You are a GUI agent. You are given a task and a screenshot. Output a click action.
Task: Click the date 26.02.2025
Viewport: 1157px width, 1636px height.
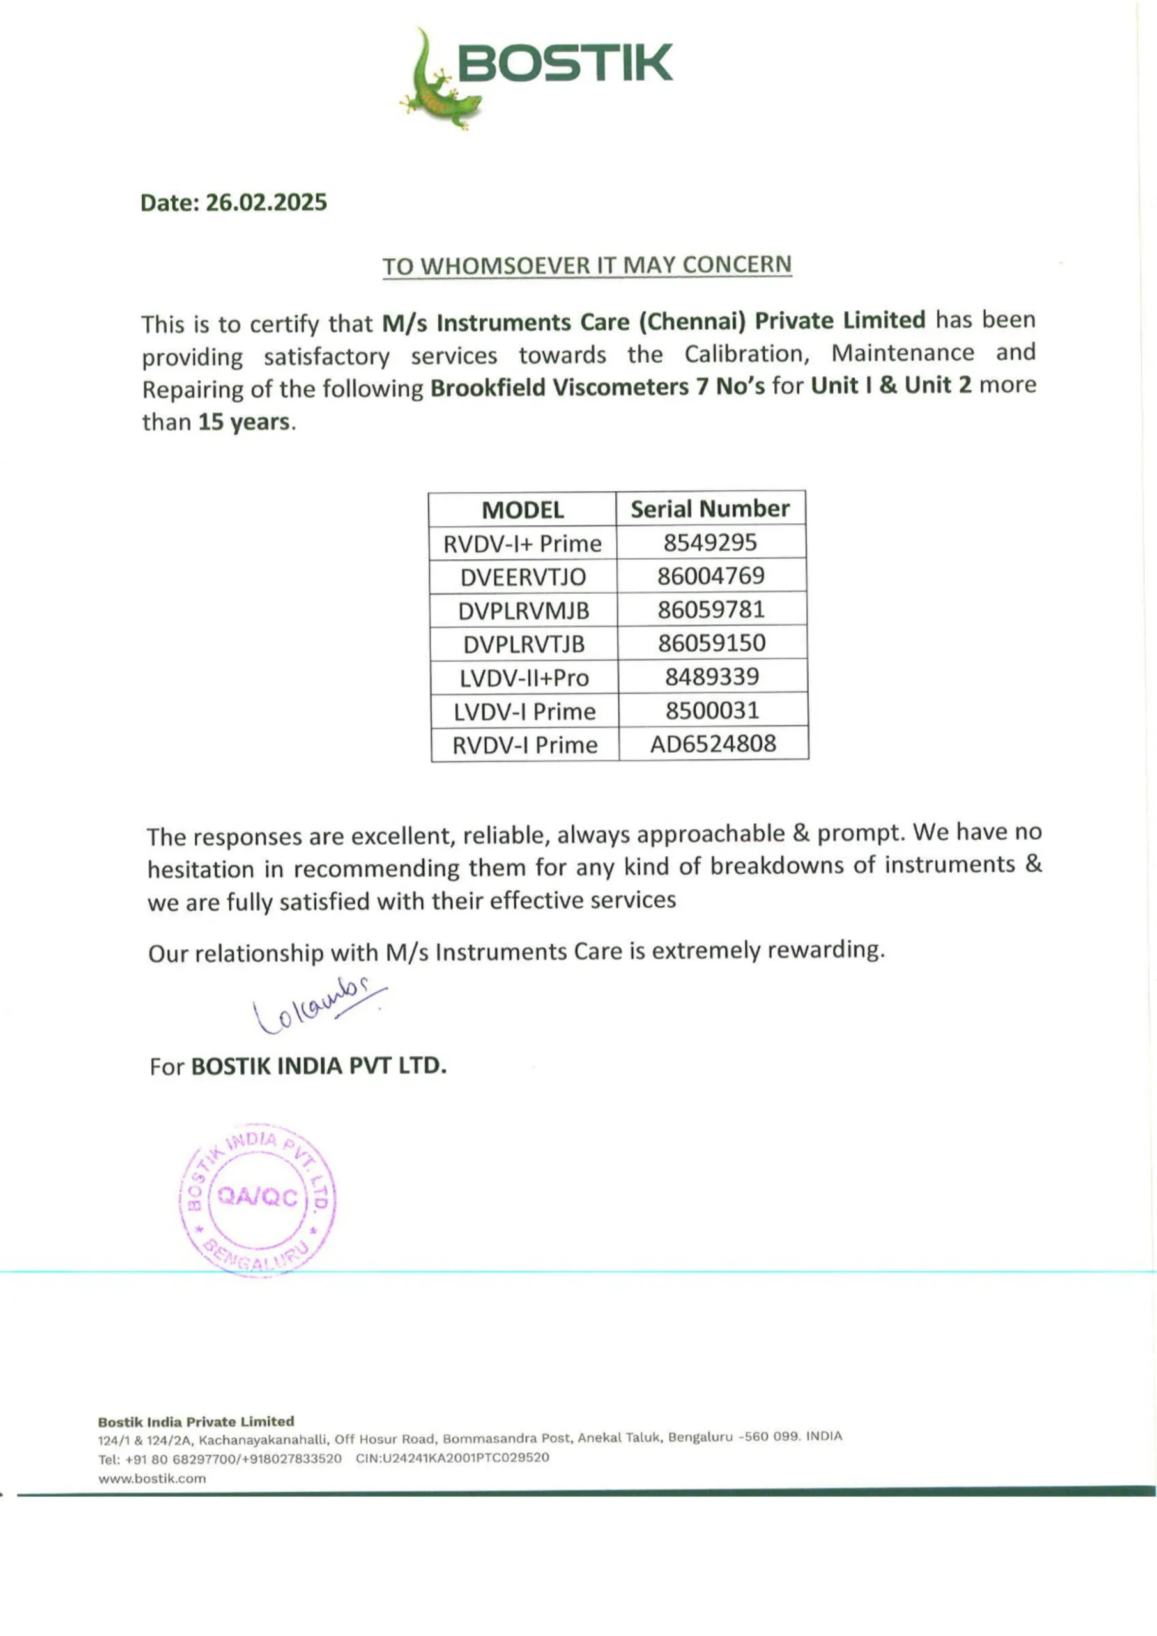tap(266, 203)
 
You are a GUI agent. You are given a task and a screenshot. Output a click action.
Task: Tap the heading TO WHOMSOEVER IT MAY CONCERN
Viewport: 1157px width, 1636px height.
tap(586, 265)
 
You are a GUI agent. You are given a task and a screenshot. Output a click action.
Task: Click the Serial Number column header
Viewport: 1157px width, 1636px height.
tap(710, 509)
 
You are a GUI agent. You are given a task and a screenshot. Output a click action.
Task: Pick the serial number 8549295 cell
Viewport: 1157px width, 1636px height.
tap(710, 543)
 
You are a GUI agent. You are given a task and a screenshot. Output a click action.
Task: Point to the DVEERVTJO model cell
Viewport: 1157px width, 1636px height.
tap(523, 576)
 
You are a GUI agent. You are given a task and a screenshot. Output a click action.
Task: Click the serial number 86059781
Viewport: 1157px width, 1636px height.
tap(710, 609)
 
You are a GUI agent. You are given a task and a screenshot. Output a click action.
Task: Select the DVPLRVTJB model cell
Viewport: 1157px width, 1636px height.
tap(524, 644)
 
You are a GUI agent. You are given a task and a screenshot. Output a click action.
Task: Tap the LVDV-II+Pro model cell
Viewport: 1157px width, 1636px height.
tap(525, 677)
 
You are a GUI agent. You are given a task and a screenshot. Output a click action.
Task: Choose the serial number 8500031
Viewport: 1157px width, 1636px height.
tap(712, 710)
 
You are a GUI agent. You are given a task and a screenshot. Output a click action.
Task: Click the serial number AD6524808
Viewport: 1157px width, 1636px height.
tap(712, 743)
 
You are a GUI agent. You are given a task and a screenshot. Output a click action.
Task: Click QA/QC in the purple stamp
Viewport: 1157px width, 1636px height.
tap(257, 1196)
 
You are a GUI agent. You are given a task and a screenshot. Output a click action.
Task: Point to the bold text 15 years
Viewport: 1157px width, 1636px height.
tap(243, 422)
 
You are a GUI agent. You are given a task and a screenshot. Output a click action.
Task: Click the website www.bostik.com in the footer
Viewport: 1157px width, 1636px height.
tap(152, 1479)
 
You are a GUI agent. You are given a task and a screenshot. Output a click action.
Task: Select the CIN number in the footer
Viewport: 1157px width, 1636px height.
tap(452, 1458)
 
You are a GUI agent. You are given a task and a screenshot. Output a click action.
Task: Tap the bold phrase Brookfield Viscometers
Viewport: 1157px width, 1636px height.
tap(558, 387)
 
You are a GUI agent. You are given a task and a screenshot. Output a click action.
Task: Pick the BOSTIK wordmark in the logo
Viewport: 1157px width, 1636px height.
tap(564, 63)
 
